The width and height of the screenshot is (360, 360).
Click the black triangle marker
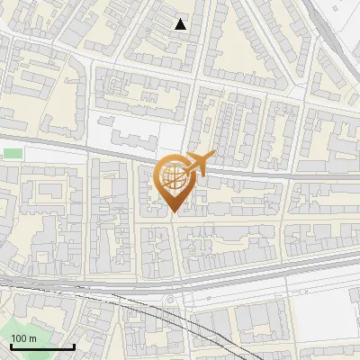tap(181, 24)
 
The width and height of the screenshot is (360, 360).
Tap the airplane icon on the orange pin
tap(197, 165)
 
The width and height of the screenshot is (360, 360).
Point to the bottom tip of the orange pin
tap(174, 213)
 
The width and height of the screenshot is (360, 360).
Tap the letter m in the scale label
tap(32, 338)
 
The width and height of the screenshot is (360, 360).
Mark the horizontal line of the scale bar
tap(40, 346)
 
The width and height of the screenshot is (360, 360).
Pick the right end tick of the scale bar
tap(73, 345)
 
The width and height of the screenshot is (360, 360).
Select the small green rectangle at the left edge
tap(12, 154)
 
